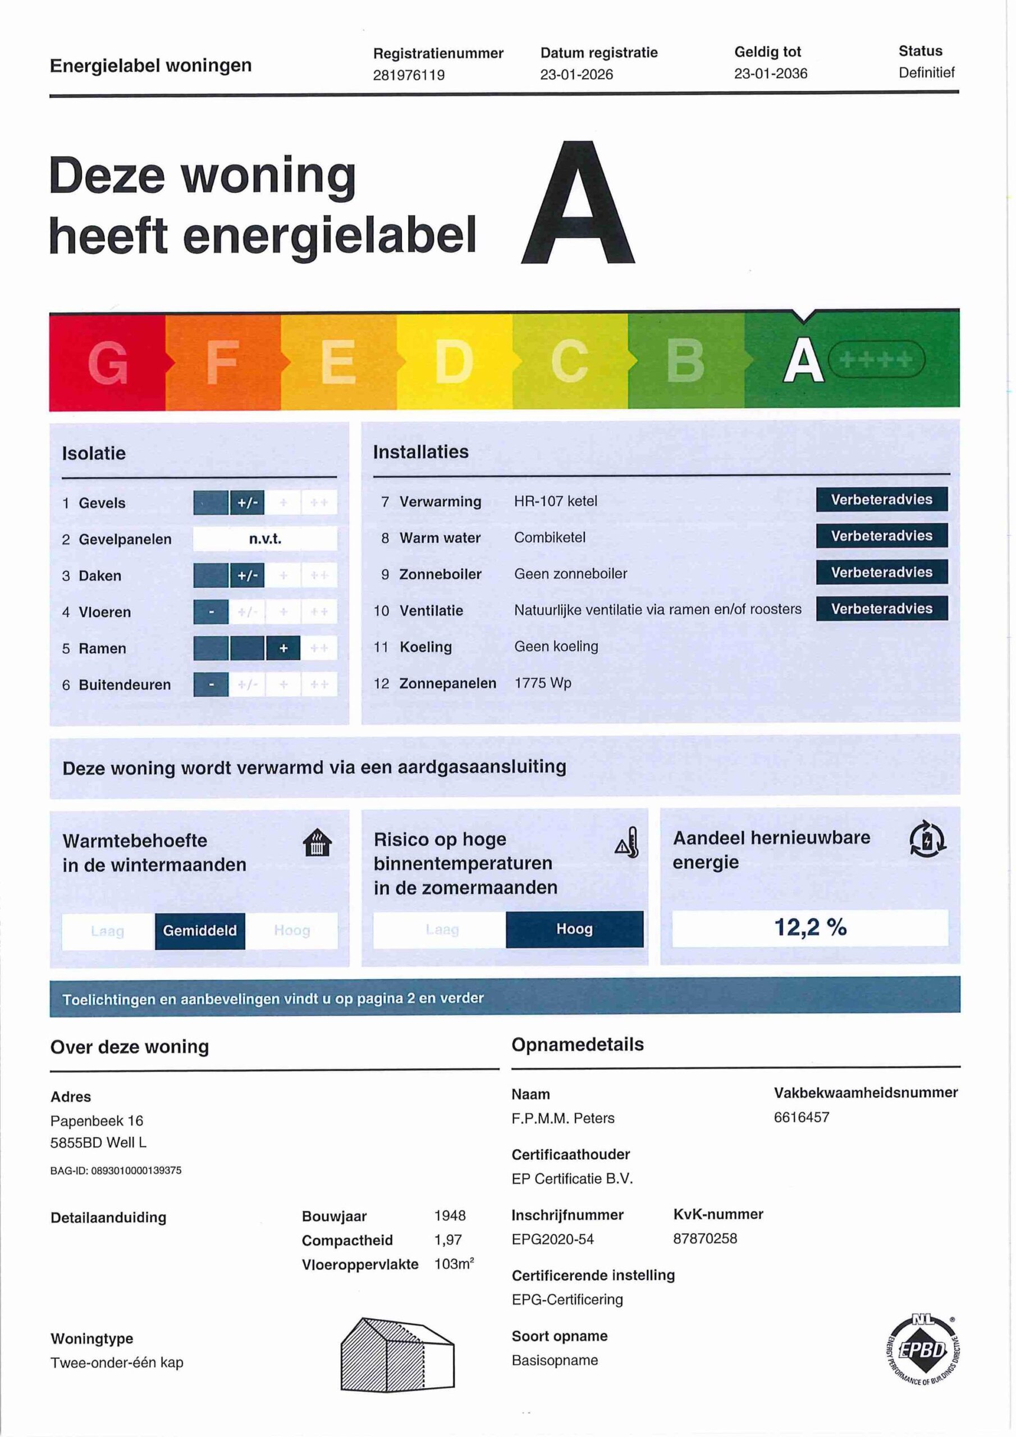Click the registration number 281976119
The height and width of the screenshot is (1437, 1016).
(x=408, y=75)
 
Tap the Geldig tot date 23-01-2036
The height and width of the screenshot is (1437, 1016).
(x=770, y=74)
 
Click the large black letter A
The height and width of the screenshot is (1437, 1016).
(x=578, y=203)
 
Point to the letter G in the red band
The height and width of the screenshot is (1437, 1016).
(x=108, y=363)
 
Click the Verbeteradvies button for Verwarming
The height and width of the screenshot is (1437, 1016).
(x=881, y=500)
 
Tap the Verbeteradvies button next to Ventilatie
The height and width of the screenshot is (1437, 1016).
(x=881, y=608)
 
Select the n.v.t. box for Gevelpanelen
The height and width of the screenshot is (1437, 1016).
(x=265, y=539)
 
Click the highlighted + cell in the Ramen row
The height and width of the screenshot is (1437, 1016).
(x=283, y=648)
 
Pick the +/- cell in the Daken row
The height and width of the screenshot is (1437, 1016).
(x=248, y=576)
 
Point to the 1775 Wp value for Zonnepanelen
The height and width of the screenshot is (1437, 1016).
(x=542, y=683)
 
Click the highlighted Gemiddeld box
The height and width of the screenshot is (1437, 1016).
(x=200, y=931)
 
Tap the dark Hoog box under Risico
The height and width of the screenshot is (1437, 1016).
(x=574, y=929)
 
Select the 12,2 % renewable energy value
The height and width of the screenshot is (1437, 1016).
(x=809, y=927)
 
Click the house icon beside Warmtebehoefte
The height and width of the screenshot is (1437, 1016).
(x=317, y=843)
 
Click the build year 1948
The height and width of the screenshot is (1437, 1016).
(x=450, y=1215)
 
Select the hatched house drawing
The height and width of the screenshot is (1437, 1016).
(x=397, y=1354)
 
